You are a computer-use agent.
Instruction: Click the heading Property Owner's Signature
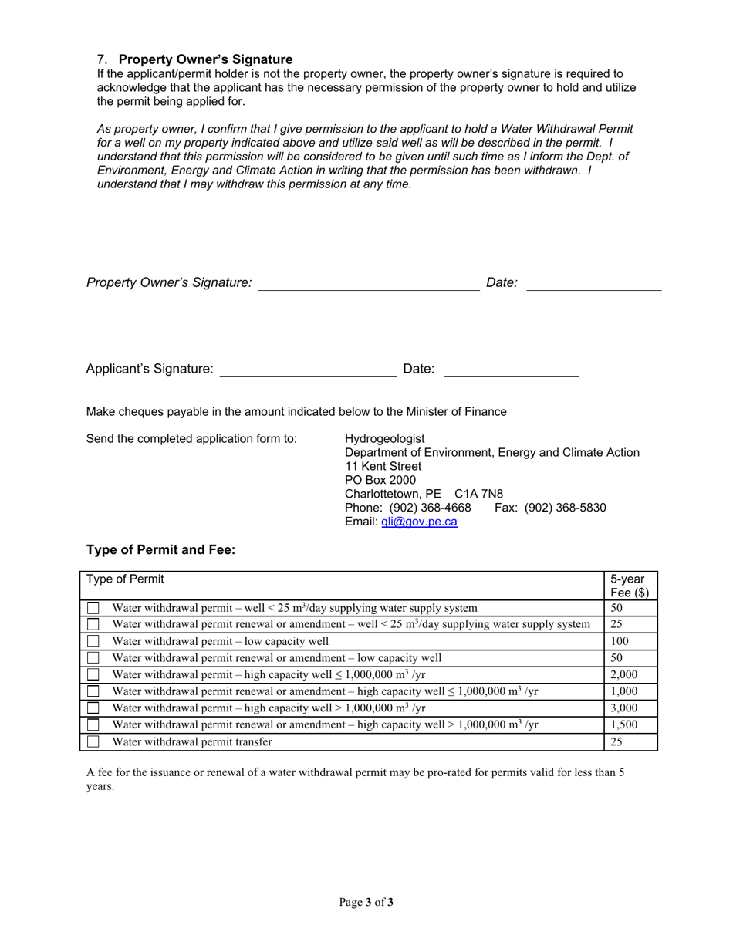[x=205, y=59]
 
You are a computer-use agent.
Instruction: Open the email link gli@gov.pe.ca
[x=419, y=522]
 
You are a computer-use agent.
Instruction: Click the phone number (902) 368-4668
[x=430, y=508]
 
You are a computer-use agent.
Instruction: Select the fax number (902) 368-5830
[x=565, y=508]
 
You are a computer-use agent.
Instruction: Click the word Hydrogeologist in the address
[x=384, y=438]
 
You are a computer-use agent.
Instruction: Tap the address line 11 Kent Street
[x=383, y=466]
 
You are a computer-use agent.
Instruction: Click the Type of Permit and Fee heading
[x=160, y=550]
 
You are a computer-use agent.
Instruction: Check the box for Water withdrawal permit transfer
[x=93, y=741]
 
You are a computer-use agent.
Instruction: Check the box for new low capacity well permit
[x=93, y=641]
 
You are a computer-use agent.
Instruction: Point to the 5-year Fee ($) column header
[x=630, y=586]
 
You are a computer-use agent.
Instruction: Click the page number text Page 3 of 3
[x=366, y=902]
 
